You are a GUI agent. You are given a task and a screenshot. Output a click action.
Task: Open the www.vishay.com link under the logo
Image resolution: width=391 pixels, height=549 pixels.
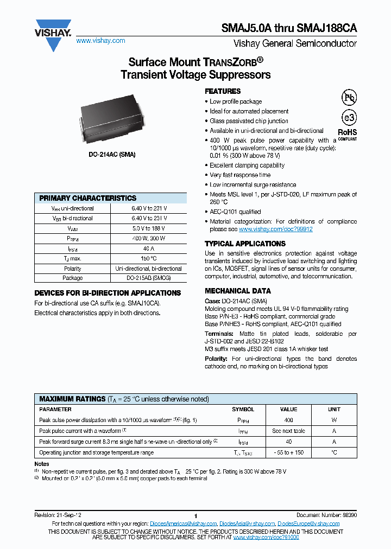(x=100, y=41)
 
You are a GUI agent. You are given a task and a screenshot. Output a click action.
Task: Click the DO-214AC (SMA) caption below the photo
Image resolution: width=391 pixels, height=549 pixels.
(x=112, y=155)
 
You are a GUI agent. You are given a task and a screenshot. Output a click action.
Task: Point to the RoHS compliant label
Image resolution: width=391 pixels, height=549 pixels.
(x=348, y=134)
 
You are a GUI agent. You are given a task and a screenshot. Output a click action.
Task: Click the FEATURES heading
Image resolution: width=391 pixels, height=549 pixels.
(x=223, y=91)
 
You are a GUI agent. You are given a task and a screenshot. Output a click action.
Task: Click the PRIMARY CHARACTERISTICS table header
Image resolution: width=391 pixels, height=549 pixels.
(x=88, y=198)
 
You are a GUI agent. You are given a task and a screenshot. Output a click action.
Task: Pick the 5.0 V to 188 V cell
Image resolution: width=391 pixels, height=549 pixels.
(x=149, y=228)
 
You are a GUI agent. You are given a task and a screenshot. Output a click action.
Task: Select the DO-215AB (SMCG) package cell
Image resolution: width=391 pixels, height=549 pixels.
(x=149, y=278)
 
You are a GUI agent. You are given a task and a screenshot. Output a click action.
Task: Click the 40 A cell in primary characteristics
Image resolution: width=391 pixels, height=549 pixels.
(x=149, y=248)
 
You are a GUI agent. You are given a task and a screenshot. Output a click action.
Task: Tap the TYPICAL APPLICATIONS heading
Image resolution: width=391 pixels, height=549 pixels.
(x=245, y=244)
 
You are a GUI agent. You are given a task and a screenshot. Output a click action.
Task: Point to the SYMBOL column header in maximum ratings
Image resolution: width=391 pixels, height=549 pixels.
(x=243, y=410)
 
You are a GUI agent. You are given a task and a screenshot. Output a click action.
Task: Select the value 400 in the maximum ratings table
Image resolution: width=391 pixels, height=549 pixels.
(x=288, y=420)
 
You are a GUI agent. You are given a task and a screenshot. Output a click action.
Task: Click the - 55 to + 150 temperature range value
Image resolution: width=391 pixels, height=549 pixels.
(x=288, y=452)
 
